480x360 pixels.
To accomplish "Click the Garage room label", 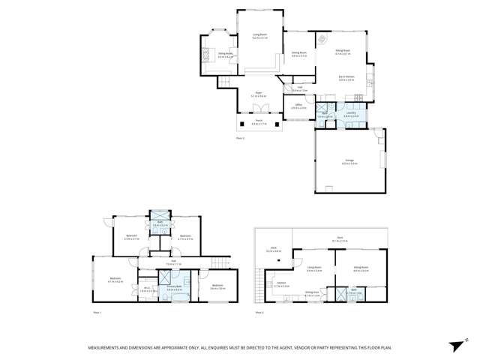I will pyautogui.click(x=349, y=162).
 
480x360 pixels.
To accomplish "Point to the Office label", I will pyautogui.click(x=298, y=106).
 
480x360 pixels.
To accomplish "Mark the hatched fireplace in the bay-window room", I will pyautogui.click(x=207, y=55).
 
